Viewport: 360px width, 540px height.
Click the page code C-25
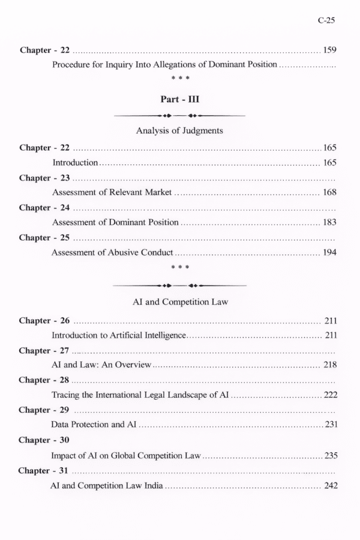pos(326,20)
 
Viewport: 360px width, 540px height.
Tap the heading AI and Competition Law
pos(180,302)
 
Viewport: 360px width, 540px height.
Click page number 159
pos(329,50)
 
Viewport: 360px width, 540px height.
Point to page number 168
pos(329,192)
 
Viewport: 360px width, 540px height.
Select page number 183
pos(329,222)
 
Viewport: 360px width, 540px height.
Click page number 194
pos(329,253)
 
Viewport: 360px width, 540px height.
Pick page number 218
pos(329,364)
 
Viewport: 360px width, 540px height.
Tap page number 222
pos(330,395)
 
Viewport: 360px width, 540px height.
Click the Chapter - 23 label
pos(44,178)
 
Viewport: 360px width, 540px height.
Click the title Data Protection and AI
pos(95,425)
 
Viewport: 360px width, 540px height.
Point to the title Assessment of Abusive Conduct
pos(112,253)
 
